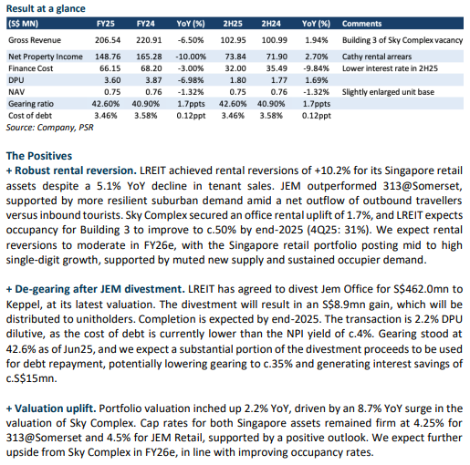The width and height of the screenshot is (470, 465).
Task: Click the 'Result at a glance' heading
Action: (46, 8)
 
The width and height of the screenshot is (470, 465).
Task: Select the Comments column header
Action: (361, 24)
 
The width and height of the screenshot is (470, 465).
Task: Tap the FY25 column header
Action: (106, 24)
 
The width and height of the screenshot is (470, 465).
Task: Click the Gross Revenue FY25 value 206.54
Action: (108, 40)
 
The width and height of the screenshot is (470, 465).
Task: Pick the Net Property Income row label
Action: (46, 57)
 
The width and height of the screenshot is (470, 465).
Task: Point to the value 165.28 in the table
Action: (149, 57)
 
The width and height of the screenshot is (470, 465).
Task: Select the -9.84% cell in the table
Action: (316, 68)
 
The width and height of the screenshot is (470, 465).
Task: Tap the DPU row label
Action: (16, 80)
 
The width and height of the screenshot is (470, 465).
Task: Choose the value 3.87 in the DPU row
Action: (153, 80)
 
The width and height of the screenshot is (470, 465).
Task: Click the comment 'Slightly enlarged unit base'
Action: (388, 92)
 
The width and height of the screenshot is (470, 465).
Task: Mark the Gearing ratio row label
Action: (31, 104)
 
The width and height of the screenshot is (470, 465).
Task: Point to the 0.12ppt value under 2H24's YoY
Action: (317, 116)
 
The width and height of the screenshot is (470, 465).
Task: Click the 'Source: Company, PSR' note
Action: (49, 128)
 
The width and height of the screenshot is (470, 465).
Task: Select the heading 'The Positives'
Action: (39, 156)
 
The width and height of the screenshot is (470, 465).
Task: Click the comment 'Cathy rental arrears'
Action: (377, 57)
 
